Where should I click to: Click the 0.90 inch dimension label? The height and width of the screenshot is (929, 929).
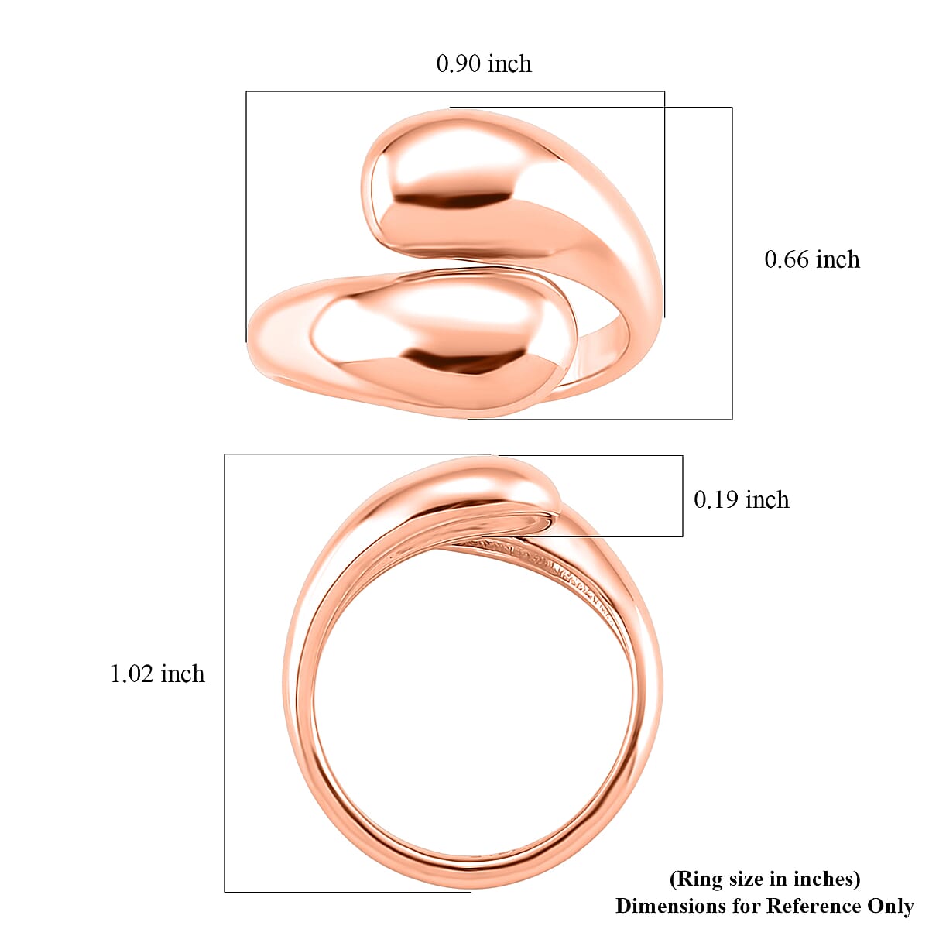(484, 63)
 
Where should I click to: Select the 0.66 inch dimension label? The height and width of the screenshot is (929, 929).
(812, 259)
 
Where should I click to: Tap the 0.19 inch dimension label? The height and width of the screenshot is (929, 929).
(741, 500)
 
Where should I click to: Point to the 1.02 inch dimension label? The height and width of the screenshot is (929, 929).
(157, 674)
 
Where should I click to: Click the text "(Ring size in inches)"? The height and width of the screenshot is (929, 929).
(764, 879)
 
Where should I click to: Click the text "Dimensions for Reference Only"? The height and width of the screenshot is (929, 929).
(764, 905)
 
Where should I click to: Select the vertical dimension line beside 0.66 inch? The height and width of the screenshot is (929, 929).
(732, 263)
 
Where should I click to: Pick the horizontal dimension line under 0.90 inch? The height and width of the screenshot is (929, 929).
(455, 91)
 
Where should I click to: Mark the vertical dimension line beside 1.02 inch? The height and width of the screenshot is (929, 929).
(225, 674)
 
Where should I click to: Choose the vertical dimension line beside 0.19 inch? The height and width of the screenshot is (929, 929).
(682, 495)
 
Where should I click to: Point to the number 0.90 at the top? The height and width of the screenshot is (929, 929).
(460, 63)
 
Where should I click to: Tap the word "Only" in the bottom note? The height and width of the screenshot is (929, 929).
(892, 905)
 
